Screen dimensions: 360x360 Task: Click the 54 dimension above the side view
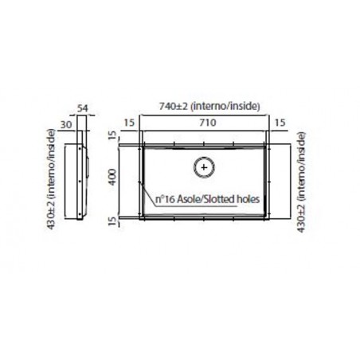82,108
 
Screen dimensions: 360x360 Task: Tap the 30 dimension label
66,124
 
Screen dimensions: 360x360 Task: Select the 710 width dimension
208,123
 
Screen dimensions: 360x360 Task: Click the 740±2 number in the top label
174,106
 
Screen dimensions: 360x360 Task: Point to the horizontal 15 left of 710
130,123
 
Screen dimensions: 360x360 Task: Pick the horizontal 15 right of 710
280,123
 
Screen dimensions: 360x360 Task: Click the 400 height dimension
112,177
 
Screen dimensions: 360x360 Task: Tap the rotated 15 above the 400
113,135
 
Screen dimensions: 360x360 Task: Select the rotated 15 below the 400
113,221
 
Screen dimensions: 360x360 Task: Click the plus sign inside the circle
204,167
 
